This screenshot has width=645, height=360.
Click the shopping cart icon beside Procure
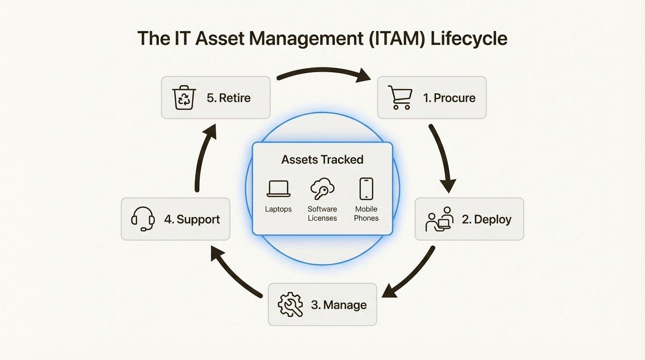(x=400, y=97)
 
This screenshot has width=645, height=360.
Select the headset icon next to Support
(x=143, y=219)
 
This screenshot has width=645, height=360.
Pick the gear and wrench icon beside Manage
(x=290, y=305)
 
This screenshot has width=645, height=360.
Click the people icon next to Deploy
(x=439, y=219)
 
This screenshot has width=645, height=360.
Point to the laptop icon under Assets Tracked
(x=278, y=188)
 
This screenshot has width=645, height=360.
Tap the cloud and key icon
(x=322, y=188)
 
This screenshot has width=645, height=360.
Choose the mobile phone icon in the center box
(x=366, y=188)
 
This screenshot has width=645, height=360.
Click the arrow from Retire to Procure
(x=323, y=72)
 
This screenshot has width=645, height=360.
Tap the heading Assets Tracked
(x=322, y=159)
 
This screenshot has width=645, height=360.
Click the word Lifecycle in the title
(x=469, y=38)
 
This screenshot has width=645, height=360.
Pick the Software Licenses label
(x=322, y=214)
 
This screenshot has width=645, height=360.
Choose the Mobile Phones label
(x=366, y=214)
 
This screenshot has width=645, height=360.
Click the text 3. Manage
(x=338, y=305)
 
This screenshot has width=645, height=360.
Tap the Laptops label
(x=278, y=209)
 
